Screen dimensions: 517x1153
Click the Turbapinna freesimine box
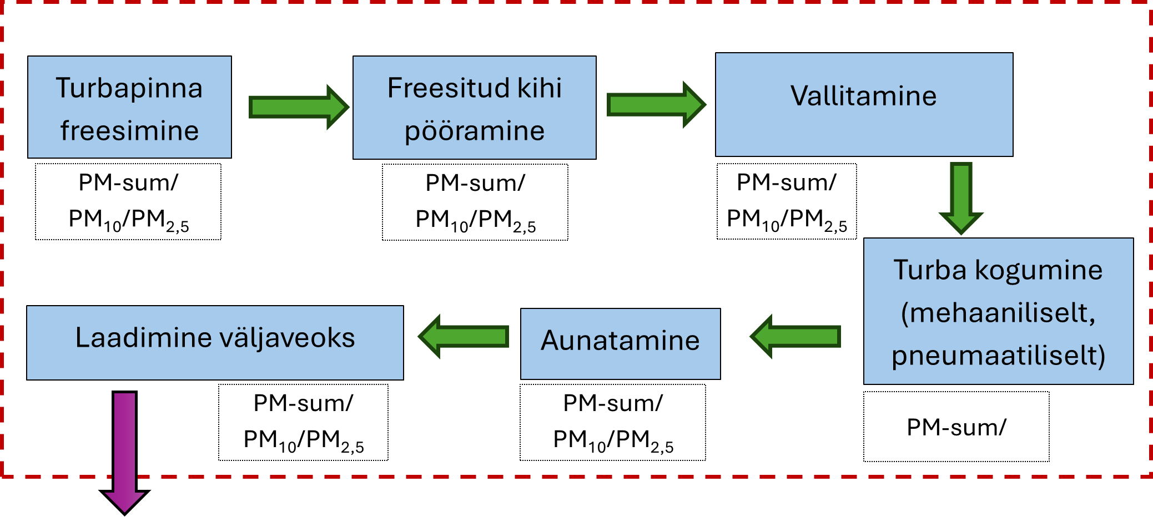pos(129,107)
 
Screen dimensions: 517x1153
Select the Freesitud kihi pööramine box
pos(474,108)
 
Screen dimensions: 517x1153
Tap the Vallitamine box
pos(864,104)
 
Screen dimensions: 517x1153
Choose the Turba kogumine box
pos(998,311)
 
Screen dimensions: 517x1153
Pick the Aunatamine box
pos(620,344)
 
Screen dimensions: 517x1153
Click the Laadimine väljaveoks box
pos(215,343)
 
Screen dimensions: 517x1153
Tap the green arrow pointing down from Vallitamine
pos(961,197)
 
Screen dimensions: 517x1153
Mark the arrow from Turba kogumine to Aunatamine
pos(795,336)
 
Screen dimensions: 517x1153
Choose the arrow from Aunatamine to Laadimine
pos(463,336)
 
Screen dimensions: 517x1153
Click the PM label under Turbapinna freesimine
pos(128,201)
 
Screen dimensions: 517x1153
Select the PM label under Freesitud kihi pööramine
pos(475,202)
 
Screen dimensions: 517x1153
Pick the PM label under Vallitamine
pos(787,201)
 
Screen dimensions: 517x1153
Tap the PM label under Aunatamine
pos(613,422)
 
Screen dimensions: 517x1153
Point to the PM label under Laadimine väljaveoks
pos(303,422)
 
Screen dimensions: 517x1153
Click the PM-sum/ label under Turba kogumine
pos(956,427)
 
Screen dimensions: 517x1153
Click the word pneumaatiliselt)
pos(998,356)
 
